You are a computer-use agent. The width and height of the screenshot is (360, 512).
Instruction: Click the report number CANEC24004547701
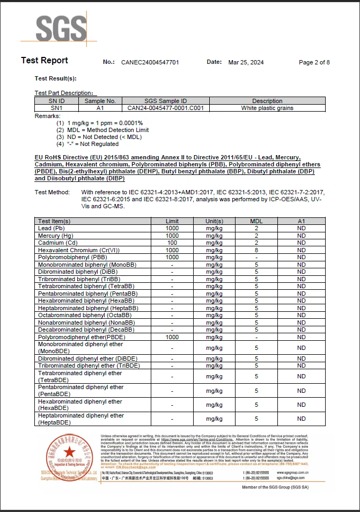150,62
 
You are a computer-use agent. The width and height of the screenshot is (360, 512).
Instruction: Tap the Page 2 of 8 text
314,62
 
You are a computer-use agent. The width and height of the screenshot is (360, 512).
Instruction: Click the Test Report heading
45,60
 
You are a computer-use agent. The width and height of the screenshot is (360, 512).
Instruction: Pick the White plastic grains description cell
267,108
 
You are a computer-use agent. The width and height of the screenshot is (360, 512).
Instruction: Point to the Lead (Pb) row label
52,228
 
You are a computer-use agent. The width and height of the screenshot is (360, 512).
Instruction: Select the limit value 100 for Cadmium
172,243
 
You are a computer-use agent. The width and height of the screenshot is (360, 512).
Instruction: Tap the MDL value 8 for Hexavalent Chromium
256,250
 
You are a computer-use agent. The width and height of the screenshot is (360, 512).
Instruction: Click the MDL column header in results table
256,221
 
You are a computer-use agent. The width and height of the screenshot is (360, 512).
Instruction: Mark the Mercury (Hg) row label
56,236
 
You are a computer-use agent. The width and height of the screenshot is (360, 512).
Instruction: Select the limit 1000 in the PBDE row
172,337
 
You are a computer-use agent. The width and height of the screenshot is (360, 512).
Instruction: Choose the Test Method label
52,192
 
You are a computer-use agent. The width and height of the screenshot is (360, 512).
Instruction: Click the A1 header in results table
302,221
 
